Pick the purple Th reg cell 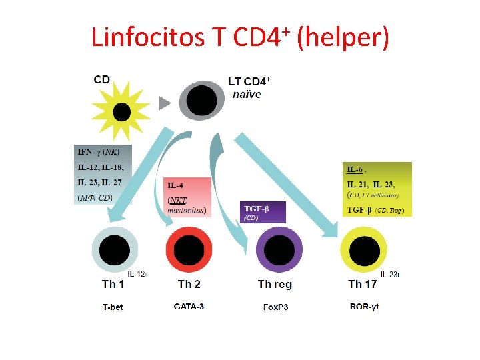click(279, 251)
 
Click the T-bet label click(113, 307)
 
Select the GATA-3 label click(189, 307)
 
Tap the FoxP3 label click(275, 307)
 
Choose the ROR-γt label click(364, 307)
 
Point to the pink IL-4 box click(187, 197)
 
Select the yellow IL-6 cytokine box click(377, 189)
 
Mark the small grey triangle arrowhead click(163, 103)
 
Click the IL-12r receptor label click(137, 273)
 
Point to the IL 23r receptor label click(390, 273)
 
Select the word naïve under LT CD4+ click(247, 94)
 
